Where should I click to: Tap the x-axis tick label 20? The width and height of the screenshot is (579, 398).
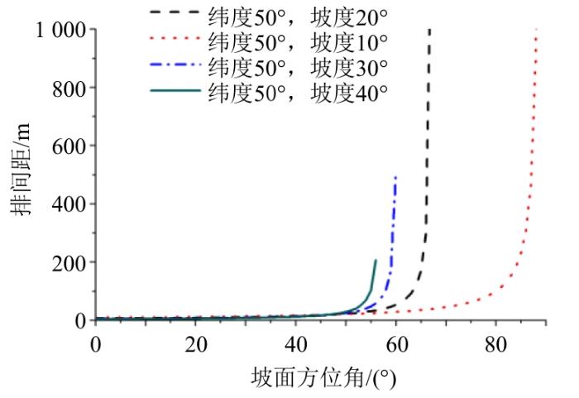pos(196,342)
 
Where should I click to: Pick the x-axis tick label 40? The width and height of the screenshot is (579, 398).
pos(296,342)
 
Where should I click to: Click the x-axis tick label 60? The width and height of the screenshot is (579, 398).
pos(396,342)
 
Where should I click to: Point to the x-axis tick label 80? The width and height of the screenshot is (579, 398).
pos(495,342)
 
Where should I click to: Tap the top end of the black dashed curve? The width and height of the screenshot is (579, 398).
pos(429,30)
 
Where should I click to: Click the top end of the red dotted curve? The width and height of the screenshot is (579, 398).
pos(537,30)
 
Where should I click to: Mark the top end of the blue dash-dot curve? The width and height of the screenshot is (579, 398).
pos(396,177)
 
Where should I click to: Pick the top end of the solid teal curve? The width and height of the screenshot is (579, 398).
pos(376,261)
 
